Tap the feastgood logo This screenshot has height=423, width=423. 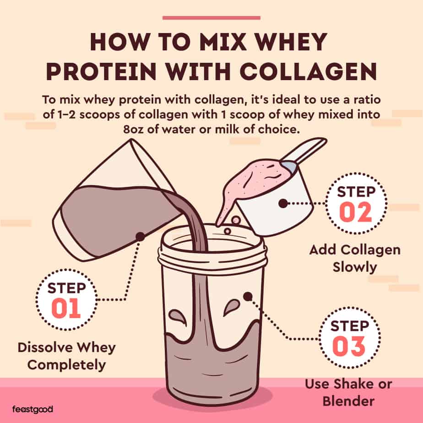(33, 409)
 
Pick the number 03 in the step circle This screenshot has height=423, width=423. (349, 346)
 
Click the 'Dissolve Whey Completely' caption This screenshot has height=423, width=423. (66, 356)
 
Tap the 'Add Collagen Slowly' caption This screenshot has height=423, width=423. (354, 258)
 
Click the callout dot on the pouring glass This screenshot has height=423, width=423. (140, 236)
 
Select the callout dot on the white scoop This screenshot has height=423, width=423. (283, 203)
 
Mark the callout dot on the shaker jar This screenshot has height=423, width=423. (248, 297)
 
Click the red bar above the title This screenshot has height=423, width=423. (211, 18)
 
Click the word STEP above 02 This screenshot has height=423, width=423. (356, 191)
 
